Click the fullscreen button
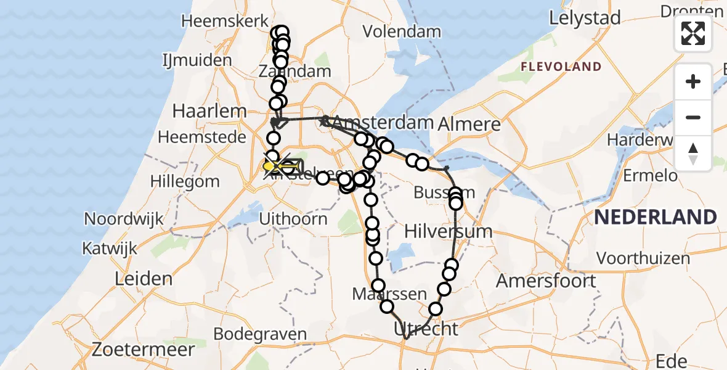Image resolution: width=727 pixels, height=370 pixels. pos(693,33)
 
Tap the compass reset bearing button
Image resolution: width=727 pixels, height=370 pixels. pos(693,154)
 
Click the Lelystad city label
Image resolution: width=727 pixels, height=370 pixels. pos(585,18)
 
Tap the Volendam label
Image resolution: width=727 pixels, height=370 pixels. pos(402,31)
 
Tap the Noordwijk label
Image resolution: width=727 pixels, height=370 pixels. pos(124,219)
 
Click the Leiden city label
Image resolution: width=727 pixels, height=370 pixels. pos(144,279)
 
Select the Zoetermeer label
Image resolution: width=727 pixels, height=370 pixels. pos(143,350)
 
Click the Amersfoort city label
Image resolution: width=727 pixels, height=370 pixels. pos(546,281)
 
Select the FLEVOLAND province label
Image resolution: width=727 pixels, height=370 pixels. pos(561,67)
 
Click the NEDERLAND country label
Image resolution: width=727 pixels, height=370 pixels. pos(656,217)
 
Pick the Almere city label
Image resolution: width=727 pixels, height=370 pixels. pos(469,124)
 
